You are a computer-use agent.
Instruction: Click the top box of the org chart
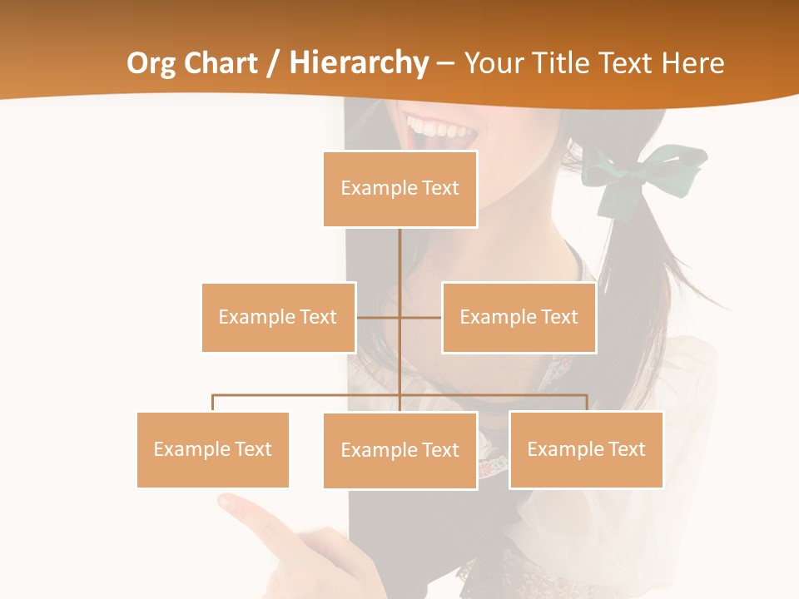coord(399,189)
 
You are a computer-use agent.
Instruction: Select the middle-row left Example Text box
coord(278,317)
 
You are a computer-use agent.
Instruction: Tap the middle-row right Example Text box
coord(519,317)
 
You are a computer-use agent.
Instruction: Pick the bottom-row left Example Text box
coord(212,449)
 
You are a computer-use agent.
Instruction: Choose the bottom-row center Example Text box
coord(399,450)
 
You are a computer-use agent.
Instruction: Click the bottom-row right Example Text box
coord(586,449)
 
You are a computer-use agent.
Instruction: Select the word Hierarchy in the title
coord(359,63)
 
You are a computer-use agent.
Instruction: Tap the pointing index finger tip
coord(227,501)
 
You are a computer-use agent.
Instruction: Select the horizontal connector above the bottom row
coord(499,396)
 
